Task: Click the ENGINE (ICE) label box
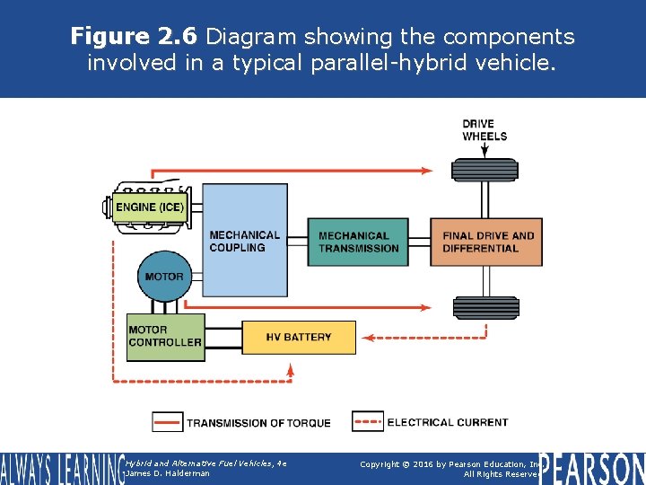150,207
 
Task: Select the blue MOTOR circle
163,277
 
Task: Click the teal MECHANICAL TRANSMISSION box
357,242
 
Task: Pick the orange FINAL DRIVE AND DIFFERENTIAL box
486,242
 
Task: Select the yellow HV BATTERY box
299,338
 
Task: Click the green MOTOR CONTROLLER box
165,336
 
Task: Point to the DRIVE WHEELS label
484,130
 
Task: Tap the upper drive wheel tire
485,169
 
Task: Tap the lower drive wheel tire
485,308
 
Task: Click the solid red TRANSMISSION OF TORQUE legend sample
167,422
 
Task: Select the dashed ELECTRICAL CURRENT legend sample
368,421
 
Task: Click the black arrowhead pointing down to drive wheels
485,153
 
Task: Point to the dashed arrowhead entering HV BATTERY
367,339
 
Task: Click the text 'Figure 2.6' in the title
135,37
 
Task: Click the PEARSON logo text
592,467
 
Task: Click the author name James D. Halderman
169,473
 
